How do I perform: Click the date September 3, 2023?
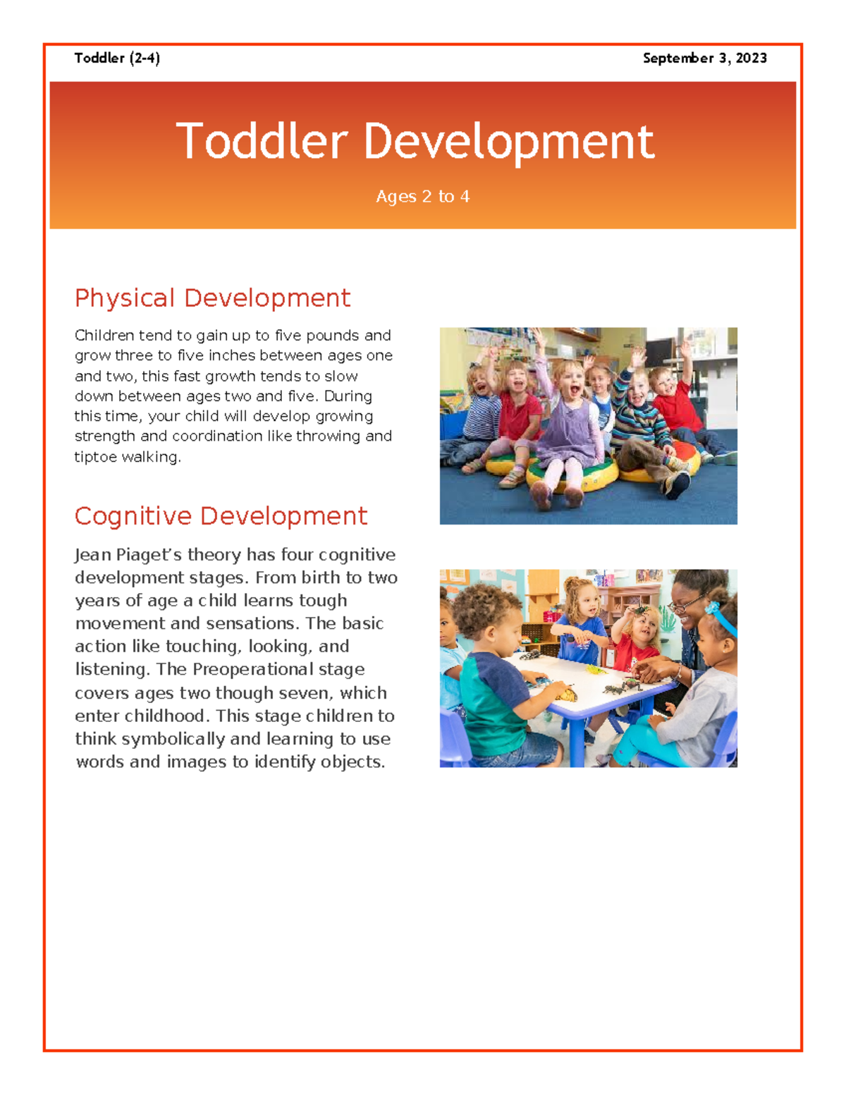704,59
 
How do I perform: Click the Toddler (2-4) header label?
117,59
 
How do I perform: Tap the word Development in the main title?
508,141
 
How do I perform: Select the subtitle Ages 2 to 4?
422,197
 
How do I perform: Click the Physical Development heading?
212,298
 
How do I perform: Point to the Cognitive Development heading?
221,516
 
